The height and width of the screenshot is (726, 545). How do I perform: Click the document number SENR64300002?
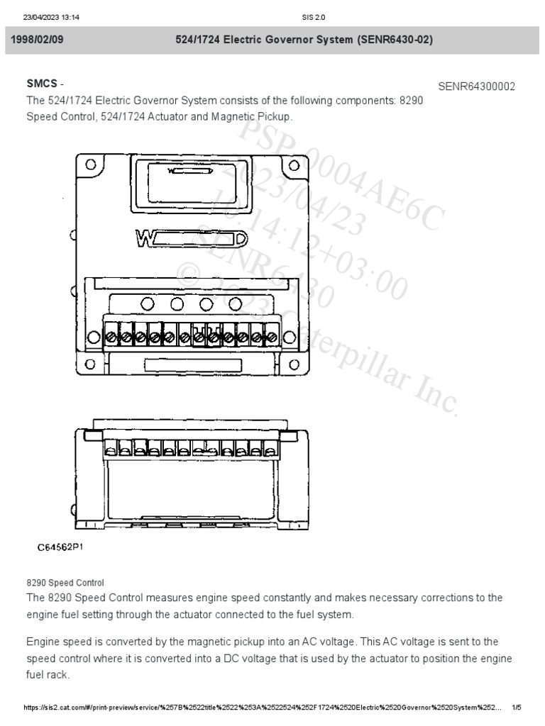(476, 86)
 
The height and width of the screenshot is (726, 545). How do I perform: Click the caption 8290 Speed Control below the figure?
(65, 582)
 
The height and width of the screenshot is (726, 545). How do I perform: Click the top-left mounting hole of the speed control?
(90, 164)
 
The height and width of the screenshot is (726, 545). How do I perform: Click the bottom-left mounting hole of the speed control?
(90, 364)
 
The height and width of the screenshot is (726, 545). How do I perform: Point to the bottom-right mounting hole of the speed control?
(293, 364)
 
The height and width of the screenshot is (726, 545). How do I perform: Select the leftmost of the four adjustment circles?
(148, 304)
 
